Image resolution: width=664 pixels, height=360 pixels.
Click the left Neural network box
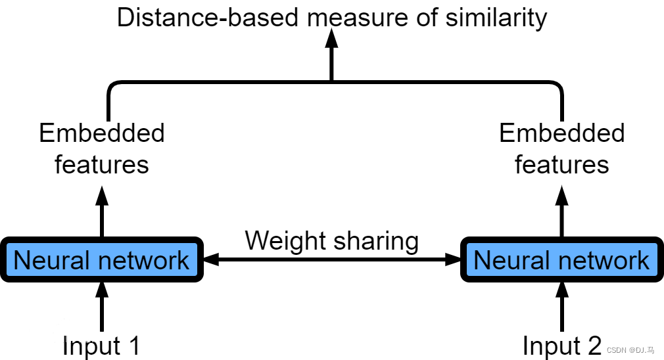(101, 260)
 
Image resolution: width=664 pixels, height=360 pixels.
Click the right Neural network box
(561, 260)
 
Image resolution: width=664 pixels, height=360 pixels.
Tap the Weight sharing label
(331, 240)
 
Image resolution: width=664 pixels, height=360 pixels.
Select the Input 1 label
(101, 346)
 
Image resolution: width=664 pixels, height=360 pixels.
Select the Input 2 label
(561, 346)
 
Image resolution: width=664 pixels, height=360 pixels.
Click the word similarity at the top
(496, 17)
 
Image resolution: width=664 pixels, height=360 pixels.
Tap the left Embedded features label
(101, 148)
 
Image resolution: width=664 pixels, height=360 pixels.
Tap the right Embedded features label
(561, 148)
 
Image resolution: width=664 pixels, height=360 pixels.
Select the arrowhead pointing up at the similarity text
(331, 41)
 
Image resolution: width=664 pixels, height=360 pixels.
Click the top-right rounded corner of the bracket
(556, 85)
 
